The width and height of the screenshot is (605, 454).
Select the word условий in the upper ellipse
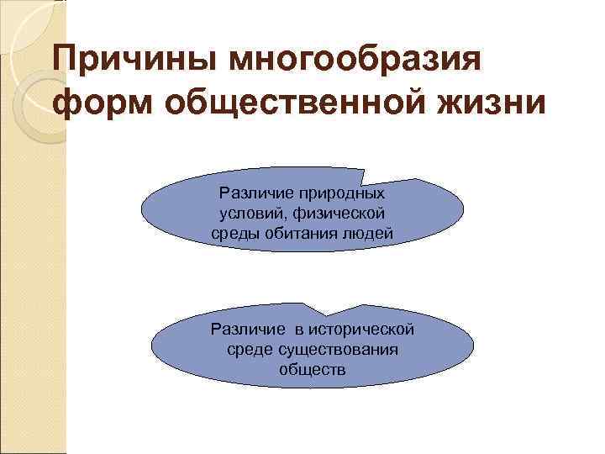pyautogui.click(x=249, y=214)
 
